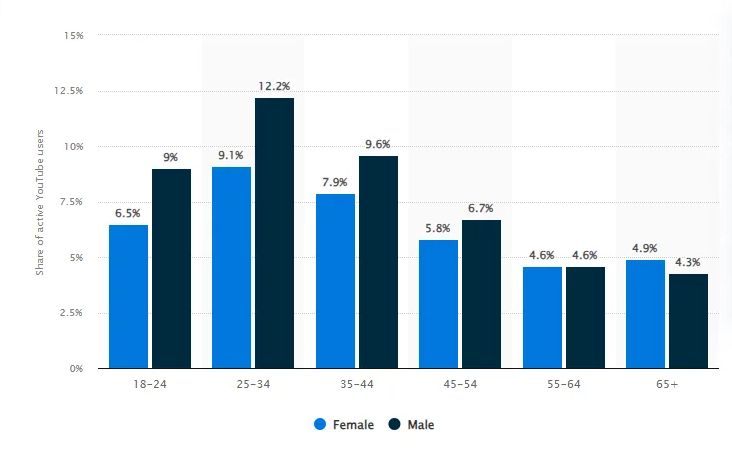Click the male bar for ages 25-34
point(274,233)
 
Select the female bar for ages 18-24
point(128,296)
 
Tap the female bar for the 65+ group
point(644,314)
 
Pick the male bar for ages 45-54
point(481,294)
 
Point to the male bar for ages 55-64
point(585,317)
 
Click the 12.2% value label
point(274,86)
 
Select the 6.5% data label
point(128,213)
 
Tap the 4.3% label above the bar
point(688,262)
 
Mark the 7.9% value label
point(335,182)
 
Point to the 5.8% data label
point(438,228)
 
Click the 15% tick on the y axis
point(74,35)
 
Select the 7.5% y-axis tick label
point(71,202)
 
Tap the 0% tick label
point(76,368)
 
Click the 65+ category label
point(665,384)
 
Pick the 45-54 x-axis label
point(459,384)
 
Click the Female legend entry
point(343,425)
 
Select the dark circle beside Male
point(395,425)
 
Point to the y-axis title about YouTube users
point(40,202)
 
